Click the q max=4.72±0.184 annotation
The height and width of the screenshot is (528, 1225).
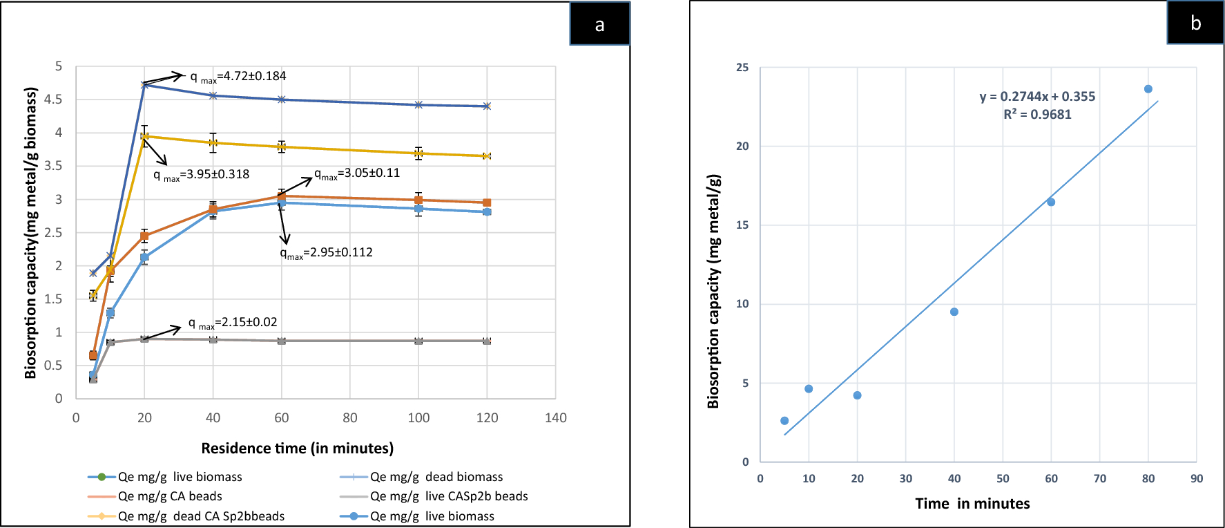pos(238,77)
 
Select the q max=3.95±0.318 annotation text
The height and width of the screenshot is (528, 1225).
pos(202,175)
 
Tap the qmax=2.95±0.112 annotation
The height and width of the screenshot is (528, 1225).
pos(327,253)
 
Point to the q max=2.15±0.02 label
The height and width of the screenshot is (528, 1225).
pos(233,323)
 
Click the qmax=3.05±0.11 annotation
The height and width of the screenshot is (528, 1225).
pos(358,173)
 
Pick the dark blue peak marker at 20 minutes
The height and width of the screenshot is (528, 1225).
pos(144,85)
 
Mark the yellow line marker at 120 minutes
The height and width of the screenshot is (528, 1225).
pos(487,156)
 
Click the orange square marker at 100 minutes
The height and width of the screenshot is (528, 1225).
pos(418,200)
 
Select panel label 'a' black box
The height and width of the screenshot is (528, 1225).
pos(599,24)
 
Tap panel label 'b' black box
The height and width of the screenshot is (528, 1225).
pos(1195,23)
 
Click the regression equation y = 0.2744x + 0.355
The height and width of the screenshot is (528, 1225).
pos(1037,97)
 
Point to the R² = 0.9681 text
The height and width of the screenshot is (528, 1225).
pos(1037,115)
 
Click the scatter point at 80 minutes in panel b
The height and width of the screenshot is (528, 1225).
pos(1148,89)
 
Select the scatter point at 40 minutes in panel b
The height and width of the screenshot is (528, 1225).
pos(954,312)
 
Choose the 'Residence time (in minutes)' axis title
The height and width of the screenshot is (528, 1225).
pos(297,449)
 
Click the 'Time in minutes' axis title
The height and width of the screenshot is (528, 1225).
pos(972,504)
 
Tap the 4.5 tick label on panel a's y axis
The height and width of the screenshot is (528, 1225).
pos(53,100)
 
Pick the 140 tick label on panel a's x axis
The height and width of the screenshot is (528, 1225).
pos(555,418)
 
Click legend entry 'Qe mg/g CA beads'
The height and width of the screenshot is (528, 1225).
pos(170,496)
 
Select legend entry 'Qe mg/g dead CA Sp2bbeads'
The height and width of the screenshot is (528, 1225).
pos(200,516)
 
